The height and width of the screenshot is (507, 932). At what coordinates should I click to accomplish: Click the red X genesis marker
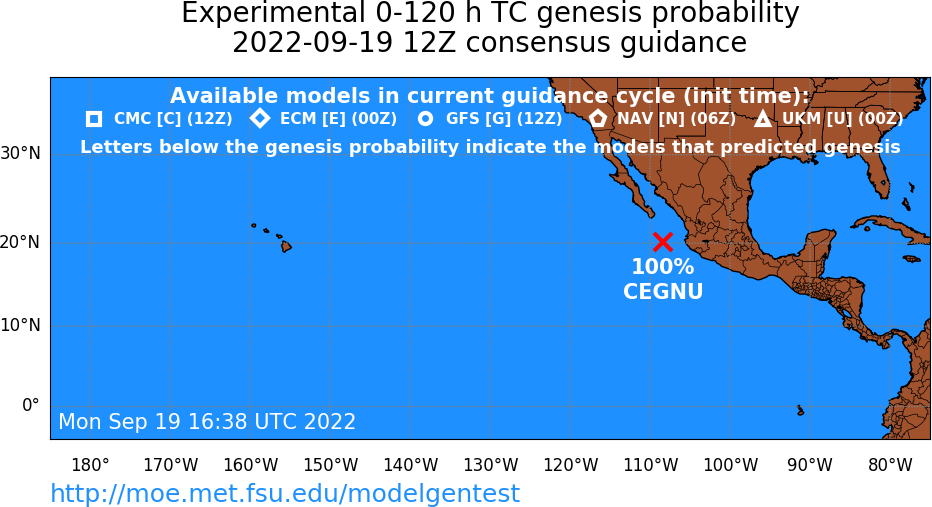pyautogui.click(x=663, y=242)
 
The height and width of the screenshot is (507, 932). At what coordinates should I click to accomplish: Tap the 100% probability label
pyautogui.click(x=663, y=267)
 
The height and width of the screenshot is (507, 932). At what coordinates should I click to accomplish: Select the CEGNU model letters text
pyautogui.click(x=663, y=291)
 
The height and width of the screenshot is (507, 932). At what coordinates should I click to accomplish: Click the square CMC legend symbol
pyautogui.click(x=94, y=119)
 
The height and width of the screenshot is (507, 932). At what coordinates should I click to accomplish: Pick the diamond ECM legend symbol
pyautogui.click(x=260, y=118)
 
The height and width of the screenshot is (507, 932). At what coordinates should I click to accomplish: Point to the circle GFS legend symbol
pyautogui.click(x=426, y=119)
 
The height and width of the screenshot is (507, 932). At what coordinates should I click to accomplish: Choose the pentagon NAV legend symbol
pyautogui.click(x=597, y=118)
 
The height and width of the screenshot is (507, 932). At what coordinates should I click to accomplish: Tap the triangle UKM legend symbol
pyautogui.click(x=763, y=119)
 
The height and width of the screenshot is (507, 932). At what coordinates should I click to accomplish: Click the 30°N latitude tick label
pyautogui.click(x=21, y=153)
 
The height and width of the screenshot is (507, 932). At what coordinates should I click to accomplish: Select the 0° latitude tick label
pyautogui.click(x=31, y=405)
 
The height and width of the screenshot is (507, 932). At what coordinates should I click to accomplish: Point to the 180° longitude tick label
pyautogui.click(x=90, y=465)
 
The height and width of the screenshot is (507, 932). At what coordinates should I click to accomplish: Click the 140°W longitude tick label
pyautogui.click(x=411, y=465)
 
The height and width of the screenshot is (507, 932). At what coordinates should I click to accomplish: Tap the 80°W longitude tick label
pyautogui.click(x=890, y=465)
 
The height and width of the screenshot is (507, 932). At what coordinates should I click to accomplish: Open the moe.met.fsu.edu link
pyautogui.click(x=285, y=493)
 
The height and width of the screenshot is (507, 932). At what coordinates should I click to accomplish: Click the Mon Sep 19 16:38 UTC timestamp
pyautogui.click(x=207, y=421)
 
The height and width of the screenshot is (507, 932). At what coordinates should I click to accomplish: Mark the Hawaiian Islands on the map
pyautogui.click(x=272, y=237)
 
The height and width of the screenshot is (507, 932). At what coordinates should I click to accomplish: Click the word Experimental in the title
pyautogui.click(x=273, y=13)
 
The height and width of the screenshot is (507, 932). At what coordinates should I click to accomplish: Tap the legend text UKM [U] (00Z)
pyautogui.click(x=843, y=119)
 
